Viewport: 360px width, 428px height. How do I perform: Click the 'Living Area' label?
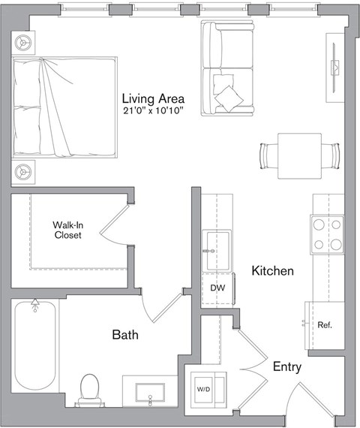coord(153,98)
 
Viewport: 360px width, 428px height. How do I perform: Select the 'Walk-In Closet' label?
coord(67,230)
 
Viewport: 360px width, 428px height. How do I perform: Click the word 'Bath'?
coord(125,335)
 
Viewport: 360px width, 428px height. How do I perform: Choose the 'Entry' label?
coord(287,366)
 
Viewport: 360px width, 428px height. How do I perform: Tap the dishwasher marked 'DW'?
coord(217,288)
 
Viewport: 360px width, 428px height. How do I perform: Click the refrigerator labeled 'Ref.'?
coord(325,325)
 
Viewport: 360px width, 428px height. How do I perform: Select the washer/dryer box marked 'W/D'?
coord(203,389)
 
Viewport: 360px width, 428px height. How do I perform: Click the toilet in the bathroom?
coord(89,389)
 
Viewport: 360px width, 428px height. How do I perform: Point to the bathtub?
coord(34,345)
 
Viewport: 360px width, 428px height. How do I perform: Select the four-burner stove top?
coord(328,234)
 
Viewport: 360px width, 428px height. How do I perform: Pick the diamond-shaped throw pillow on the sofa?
coord(228,95)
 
